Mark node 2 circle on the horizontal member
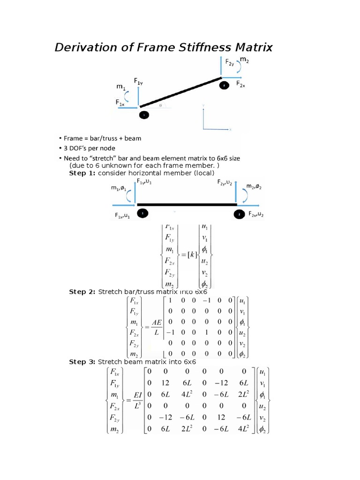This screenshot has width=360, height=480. click(x=239, y=213)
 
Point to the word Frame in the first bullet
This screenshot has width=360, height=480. click(x=73, y=138)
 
